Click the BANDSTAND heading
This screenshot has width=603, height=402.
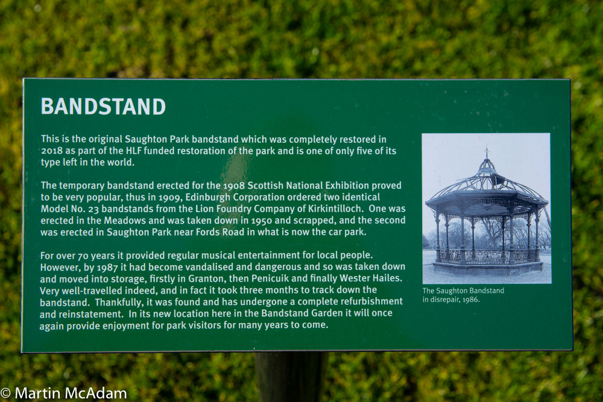coord(103,107)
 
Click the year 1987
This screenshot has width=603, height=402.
coord(107,267)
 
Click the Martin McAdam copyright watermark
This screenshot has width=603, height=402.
coord(64,393)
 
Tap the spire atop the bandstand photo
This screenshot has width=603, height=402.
coord(487,152)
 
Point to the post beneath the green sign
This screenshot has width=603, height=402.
coord(291,377)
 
